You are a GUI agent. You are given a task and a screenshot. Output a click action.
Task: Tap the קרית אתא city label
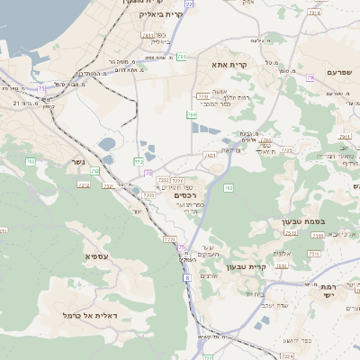pyautogui.click(x=229, y=65)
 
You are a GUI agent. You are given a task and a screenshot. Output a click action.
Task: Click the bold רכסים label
pyautogui.click(x=185, y=195)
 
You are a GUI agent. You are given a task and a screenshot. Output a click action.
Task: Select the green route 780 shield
pyautogui.click(x=192, y=115)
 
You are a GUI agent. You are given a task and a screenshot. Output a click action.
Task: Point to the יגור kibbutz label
pyautogui.click(x=138, y=210)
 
